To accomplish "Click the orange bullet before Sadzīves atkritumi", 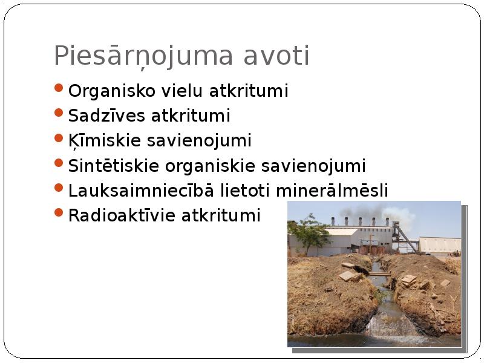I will (58, 113).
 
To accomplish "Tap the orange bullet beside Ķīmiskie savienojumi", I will (58, 137).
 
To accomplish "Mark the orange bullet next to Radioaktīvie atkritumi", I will (58, 212).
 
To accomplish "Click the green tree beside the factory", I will (310, 232).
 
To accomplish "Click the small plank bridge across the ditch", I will (379, 273).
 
